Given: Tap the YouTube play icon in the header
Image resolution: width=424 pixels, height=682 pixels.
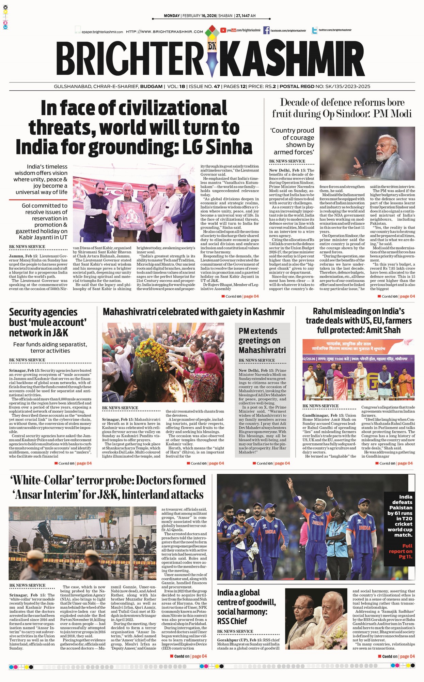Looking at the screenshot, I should [223, 30].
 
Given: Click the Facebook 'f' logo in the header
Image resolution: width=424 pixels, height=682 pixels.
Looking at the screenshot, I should [266, 30].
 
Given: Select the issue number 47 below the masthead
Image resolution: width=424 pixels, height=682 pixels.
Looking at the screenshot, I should [217, 87].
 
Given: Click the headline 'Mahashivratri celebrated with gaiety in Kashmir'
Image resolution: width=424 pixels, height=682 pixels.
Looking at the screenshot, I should [193, 312].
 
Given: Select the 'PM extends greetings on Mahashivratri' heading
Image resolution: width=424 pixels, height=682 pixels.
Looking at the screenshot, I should [262, 340].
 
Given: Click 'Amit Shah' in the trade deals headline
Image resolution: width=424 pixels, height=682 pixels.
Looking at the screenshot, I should [383, 330].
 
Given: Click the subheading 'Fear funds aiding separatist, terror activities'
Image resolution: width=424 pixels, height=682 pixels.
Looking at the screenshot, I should [50, 347].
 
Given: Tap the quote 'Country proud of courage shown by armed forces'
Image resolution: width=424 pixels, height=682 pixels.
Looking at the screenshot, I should [293, 141].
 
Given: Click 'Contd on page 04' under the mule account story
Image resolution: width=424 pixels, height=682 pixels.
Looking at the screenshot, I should [73, 463].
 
